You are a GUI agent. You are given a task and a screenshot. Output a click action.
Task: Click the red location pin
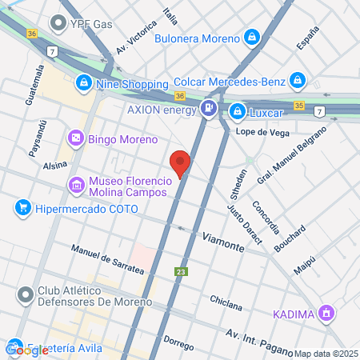pyautogui.click(x=181, y=163)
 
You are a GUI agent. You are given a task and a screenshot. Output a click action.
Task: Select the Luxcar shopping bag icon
pyautogui.click(x=237, y=110)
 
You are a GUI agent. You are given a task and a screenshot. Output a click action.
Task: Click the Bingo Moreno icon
pyautogui.click(x=76, y=139)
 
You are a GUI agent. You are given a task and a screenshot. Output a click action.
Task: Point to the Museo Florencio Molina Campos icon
pyautogui.click(x=77, y=186)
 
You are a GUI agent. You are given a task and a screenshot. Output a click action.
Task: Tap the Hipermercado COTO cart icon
pyautogui.click(x=22, y=207)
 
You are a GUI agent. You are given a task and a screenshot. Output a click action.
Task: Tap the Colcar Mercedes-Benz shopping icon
pyautogui.click(x=298, y=80)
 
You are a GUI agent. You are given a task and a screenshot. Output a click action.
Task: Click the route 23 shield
pyautogui.click(x=182, y=272)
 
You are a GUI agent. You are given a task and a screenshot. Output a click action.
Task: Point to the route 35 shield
pyautogui.click(x=298, y=105)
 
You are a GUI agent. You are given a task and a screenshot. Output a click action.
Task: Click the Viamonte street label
pyautogui.click(x=223, y=242)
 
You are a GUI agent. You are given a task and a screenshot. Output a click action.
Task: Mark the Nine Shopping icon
pyautogui.click(x=84, y=82)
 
